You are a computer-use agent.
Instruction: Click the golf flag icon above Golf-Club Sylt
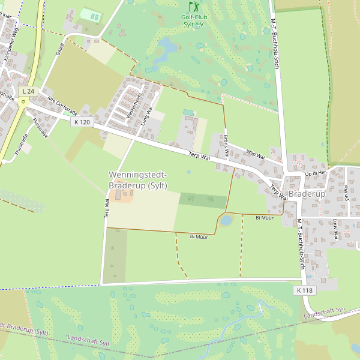(x=193, y=7)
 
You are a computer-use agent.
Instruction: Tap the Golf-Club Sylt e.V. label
(x=193, y=20)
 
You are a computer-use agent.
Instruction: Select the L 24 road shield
(x=28, y=91)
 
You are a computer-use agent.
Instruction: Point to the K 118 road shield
(x=304, y=290)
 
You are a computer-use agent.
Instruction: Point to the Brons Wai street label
(x=226, y=144)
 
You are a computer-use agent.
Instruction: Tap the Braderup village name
(x=307, y=194)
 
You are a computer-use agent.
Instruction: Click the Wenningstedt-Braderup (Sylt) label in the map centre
(x=138, y=180)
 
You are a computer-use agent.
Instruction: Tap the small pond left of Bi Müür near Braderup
(x=226, y=221)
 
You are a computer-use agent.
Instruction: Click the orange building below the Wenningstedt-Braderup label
(x=122, y=197)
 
